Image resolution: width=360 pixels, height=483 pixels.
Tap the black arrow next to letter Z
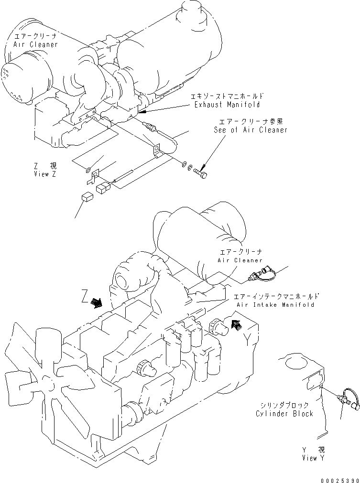[x=97, y=303]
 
